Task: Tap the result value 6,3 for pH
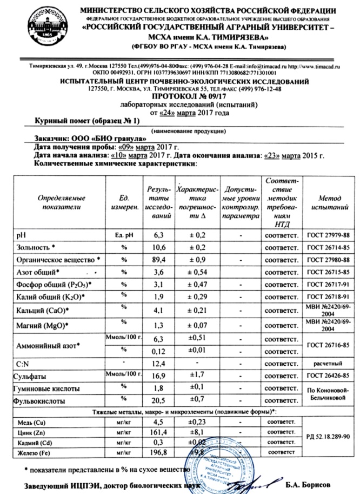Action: coord(158,235)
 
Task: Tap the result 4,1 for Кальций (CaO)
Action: coord(158,311)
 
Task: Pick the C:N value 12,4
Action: coord(158,361)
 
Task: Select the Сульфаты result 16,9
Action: coord(158,375)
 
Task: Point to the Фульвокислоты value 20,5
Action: coord(158,401)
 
